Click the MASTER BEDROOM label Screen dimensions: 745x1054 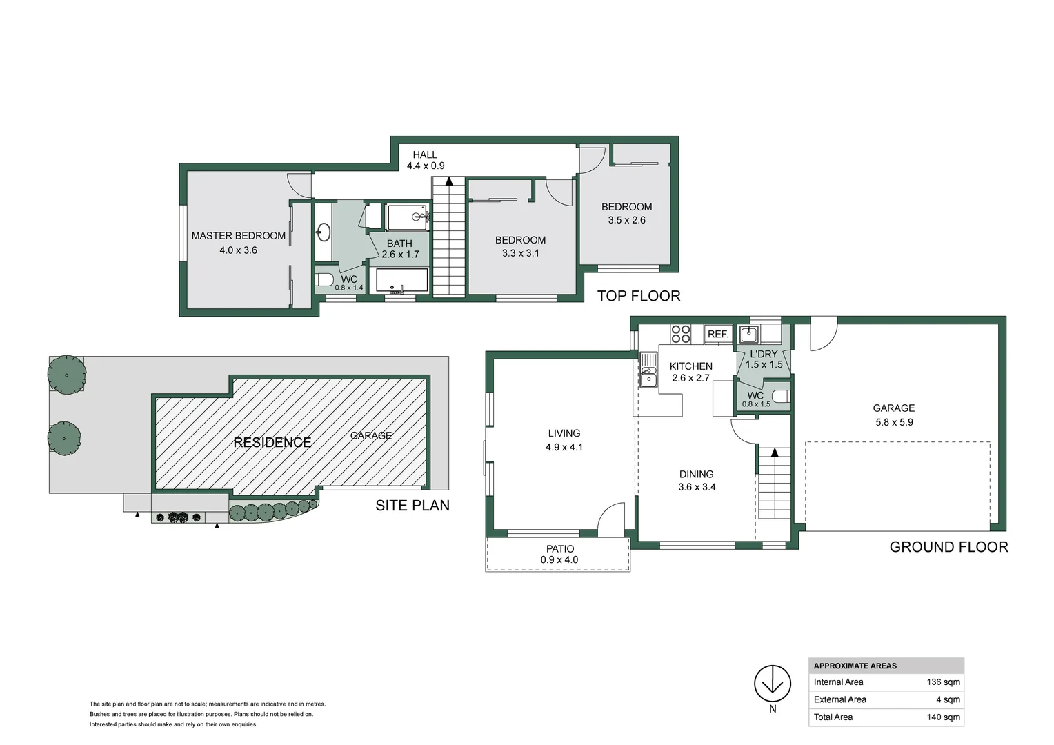(238, 236)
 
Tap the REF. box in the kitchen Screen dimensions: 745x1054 (718, 335)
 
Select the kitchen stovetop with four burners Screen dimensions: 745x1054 (681, 334)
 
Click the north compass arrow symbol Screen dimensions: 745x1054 (772, 684)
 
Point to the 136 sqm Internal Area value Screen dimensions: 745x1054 (943, 682)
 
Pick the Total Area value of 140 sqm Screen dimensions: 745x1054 (943, 717)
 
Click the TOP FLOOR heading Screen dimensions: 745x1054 (638, 296)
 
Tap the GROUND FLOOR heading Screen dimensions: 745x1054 (948, 547)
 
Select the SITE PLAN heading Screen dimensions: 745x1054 (412, 506)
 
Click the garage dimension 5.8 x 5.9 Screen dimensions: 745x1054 (894, 422)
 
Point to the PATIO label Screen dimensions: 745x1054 (559, 549)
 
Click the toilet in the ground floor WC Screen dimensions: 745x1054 (779, 397)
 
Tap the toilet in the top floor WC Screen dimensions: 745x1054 (324, 280)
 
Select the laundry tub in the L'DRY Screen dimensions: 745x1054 (748, 335)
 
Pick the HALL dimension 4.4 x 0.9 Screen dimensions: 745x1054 (425, 166)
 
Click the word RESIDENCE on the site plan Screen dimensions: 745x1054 (272, 442)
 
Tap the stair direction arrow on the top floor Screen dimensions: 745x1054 (449, 181)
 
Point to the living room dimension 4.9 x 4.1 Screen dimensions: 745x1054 (564, 447)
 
